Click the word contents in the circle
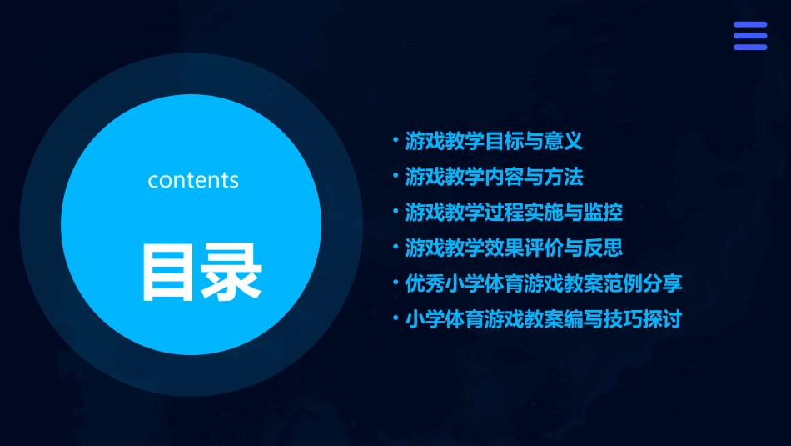pyautogui.click(x=193, y=180)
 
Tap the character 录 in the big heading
pyautogui.click(x=231, y=272)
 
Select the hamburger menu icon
pyautogui.click(x=749, y=36)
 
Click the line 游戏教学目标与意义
pyautogui.click(x=494, y=141)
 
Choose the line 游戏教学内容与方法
pyautogui.click(x=494, y=177)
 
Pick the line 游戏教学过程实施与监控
pyautogui.click(x=514, y=213)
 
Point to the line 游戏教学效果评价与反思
pyautogui.click(x=514, y=248)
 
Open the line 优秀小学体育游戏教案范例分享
pyautogui.click(x=544, y=283)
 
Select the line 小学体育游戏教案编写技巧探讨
pyautogui.click(x=544, y=319)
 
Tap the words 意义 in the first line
pyautogui.click(x=564, y=141)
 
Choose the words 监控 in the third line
pyautogui.click(x=604, y=213)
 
